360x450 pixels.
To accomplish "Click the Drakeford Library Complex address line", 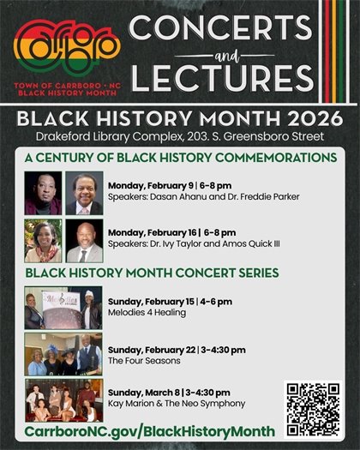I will click(x=180, y=135).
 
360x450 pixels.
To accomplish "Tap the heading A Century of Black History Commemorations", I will click(x=181, y=158).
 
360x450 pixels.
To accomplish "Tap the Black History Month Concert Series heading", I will click(x=152, y=273).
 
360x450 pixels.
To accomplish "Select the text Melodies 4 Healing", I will click(x=147, y=314).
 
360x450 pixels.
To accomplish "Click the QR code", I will click(x=313, y=410).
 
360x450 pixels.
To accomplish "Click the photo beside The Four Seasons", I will click(x=63, y=355).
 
